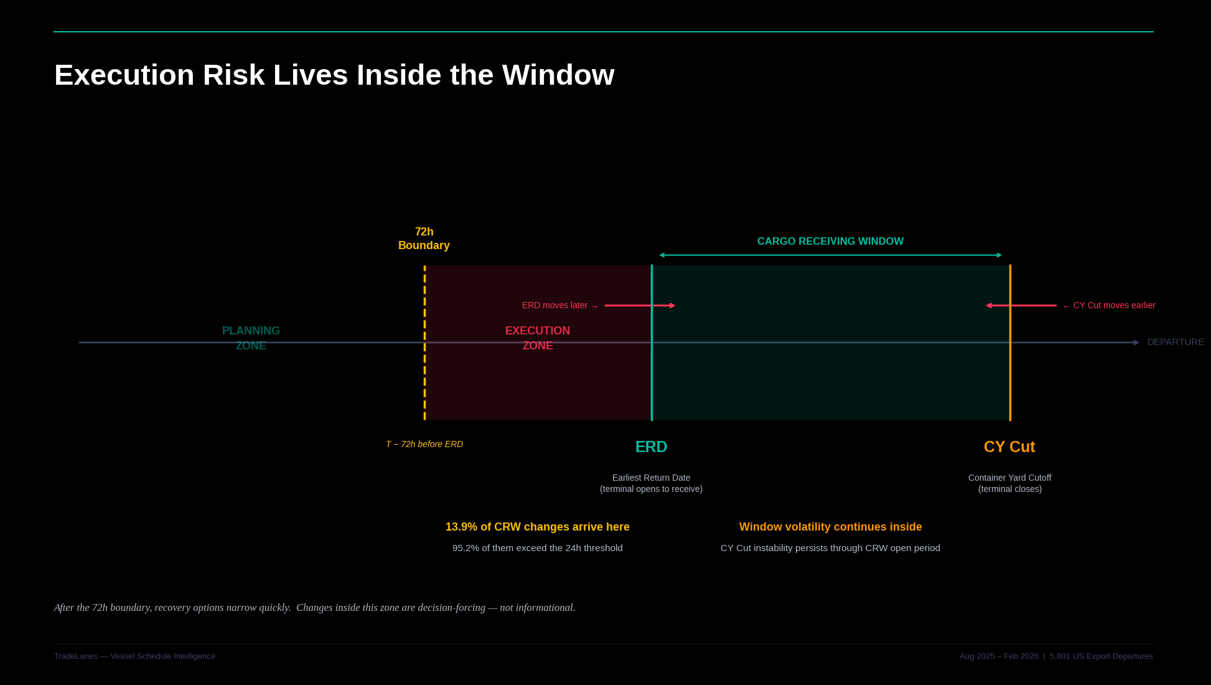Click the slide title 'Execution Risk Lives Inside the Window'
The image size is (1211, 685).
[x=334, y=75]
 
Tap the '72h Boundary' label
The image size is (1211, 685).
[x=424, y=239]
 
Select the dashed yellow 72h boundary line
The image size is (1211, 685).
[x=424, y=374]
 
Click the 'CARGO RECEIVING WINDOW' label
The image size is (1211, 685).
[x=830, y=242]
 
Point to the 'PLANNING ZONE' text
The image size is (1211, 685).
[x=251, y=338]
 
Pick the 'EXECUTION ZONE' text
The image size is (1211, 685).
[x=538, y=338]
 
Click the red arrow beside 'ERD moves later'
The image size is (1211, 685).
[x=640, y=306]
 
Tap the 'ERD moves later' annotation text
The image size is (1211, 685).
[x=555, y=306]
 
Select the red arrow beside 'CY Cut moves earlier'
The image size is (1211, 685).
[x=1021, y=306]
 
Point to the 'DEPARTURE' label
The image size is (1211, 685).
[x=1176, y=342]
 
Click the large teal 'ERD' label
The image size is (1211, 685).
[x=651, y=447]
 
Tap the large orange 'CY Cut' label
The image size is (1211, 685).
[x=1009, y=447]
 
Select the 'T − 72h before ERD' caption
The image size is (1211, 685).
[x=424, y=444]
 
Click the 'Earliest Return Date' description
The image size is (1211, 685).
[x=651, y=478]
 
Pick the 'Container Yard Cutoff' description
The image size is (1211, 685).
[x=1009, y=478]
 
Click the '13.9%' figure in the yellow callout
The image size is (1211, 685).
[x=461, y=527]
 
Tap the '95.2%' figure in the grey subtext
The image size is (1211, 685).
[x=465, y=548]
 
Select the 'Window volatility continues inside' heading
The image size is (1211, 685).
[x=830, y=527]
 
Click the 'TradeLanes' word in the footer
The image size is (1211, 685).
[x=75, y=656]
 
